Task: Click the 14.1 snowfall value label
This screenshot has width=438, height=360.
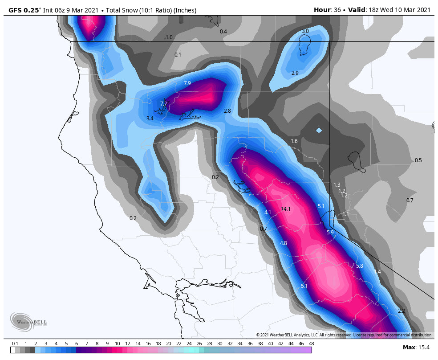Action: click(x=286, y=209)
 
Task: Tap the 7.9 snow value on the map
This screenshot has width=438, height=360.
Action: click(x=187, y=83)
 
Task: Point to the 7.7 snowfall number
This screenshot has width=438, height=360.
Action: click(x=163, y=104)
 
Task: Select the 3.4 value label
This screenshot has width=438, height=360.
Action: click(x=150, y=119)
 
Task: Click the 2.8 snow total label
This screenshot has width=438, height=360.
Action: click(x=227, y=111)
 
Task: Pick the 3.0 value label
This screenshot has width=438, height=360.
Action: click(x=305, y=31)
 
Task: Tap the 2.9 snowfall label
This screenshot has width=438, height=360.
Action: click(x=295, y=73)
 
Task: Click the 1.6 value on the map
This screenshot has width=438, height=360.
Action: click(x=294, y=141)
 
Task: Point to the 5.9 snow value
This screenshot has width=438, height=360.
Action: click(x=330, y=233)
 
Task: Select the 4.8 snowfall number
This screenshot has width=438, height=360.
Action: click(x=284, y=243)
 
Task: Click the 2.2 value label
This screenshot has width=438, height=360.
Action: click(x=401, y=311)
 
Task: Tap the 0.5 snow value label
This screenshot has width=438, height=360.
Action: click(x=418, y=160)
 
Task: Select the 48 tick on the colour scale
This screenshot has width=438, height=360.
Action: click(x=311, y=344)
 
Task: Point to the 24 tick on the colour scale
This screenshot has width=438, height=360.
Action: click(x=189, y=344)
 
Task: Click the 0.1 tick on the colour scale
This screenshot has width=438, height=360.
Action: click(x=15, y=344)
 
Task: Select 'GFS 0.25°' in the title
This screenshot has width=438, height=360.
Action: click(x=25, y=10)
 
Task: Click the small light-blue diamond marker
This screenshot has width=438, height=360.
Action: click(x=319, y=130)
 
